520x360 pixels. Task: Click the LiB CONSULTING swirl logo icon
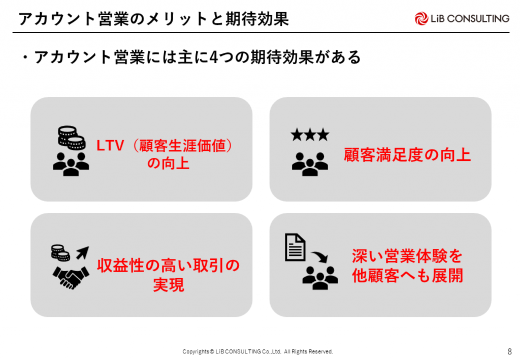[x=421, y=19]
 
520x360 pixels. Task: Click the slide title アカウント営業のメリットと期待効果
[x=153, y=19]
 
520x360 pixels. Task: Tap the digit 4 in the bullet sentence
[x=214, y=57]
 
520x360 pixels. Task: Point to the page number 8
[x=510, y=351]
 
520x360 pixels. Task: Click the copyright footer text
[x=257, y=351]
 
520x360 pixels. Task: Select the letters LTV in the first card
[x=110, y=146]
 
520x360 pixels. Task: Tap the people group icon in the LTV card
[x=71, y=164]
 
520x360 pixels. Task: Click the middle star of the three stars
[x=310, y=135]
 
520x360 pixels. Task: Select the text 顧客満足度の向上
[x=407, y=155]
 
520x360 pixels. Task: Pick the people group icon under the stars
[x=310, y=164]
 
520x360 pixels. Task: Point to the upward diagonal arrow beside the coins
[x=83, y=252]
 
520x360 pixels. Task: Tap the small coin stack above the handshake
[x=60, y=253]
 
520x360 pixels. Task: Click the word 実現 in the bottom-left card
[x=169, y=285]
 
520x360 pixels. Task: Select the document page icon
[x=295, y=247]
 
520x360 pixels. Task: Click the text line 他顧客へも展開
[x=408, y=276]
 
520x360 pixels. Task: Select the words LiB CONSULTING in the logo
[x=470, y=19]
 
